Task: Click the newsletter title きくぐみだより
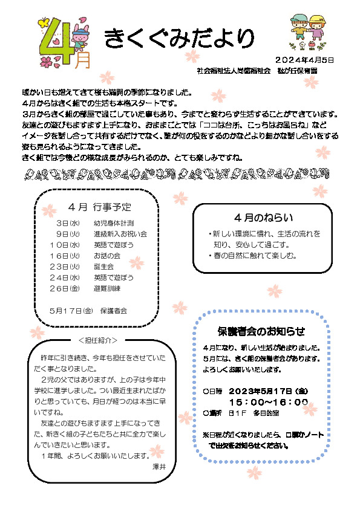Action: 179,38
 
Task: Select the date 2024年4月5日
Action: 304,60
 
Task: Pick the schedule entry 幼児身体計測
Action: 114,223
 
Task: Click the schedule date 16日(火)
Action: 65,255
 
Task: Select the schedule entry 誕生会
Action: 103,266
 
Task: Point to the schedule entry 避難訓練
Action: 108,288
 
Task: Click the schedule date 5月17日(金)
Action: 70,310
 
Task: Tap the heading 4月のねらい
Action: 263,217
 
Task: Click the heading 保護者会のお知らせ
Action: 261,331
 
